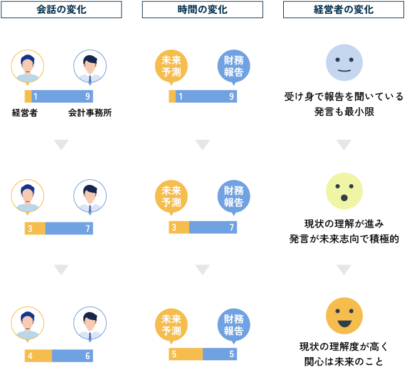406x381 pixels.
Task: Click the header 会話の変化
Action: coord(61,9)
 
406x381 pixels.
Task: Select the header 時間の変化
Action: coord(202,9)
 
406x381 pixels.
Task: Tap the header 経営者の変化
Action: coord(343,9)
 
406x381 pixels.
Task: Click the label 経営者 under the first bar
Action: coord(25,113)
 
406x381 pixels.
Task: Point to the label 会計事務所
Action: coord(90,113)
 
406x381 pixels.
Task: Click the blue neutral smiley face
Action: coord(344,63)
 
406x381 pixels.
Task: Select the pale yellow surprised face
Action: coord(344,191)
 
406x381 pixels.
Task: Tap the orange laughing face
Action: coord(344,316)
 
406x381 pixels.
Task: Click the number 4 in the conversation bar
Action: coord(30,355)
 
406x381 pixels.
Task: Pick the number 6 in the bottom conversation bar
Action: coord(88,355)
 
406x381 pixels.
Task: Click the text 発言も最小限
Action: coord(344,112)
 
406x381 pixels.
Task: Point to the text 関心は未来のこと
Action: coord(344,362)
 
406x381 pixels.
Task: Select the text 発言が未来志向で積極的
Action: coord(344,239)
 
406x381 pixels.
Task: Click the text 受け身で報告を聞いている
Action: coord(344,97)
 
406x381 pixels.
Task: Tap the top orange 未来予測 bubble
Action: coord(171,66)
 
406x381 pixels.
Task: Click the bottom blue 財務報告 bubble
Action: coord(234,325)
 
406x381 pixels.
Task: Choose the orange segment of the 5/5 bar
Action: coord(185,354)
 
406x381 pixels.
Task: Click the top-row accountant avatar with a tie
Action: coord(90,66)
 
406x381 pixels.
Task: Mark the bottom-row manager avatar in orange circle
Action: coord(28,323)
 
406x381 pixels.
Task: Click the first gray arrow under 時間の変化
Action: coord(202,145)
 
